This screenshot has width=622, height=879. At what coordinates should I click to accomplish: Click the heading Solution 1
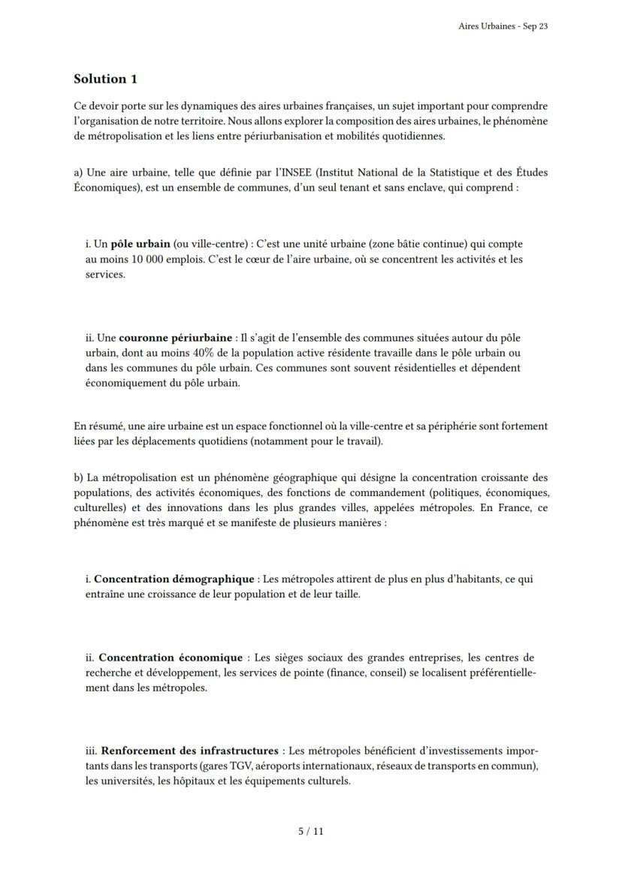pyautogui.click(x=105, y=79)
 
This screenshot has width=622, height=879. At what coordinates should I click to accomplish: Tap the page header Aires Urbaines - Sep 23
pyautogui.click(x=503, y=26)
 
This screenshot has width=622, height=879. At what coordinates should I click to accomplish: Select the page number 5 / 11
pyautogui.click(x=311, y=831)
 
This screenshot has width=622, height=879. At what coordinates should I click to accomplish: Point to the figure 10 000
pyautogui.click(x=140, y=260)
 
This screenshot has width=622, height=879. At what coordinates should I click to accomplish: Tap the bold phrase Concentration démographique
pyautogui.click(x=174, y=579)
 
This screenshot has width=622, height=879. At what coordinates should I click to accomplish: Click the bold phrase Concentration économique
pyautogui.click(x=171, y=658)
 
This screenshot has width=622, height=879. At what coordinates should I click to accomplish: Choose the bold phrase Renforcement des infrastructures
pyautogui.click(x=189, y=751)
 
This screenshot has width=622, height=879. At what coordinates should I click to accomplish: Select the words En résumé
pyautogui.click(x=94, y=426)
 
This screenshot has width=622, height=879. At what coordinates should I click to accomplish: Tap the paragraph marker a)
pyautogui.click(x=78, y=173)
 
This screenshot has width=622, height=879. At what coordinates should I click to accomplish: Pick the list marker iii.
pyautogui.click(x=92, y=751)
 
